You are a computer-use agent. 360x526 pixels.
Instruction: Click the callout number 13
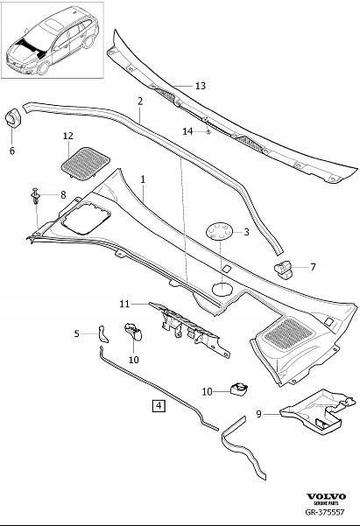pos(201,86)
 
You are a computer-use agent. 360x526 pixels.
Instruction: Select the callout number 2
pos(139,102)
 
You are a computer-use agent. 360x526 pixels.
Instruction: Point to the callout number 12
pos(68,136)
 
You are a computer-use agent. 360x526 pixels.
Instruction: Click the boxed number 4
pos(158,405)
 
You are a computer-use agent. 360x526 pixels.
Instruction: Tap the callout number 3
pos(246,232)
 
